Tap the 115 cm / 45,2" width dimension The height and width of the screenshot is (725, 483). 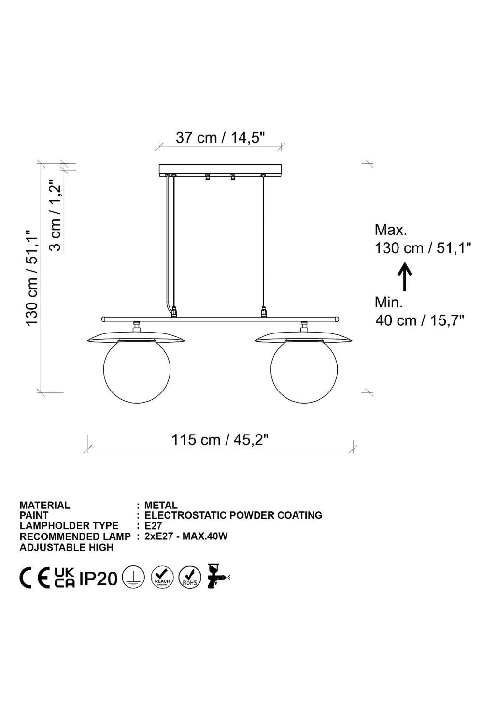click(x=220, y=440)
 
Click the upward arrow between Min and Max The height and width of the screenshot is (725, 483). click(x=404, y=276)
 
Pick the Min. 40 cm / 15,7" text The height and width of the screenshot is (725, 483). click(x=420, y=311)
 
